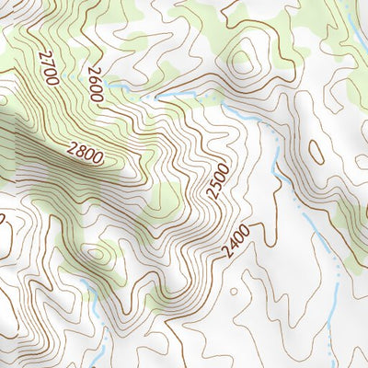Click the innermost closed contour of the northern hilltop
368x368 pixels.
point(241,63)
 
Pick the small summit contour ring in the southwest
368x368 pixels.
point(96,253)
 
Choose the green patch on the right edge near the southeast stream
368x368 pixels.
point(354,221)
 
